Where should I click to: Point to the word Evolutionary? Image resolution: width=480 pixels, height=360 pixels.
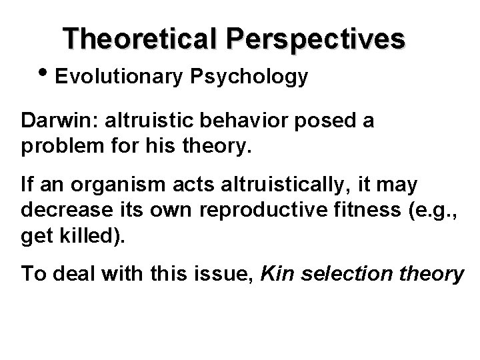(119, 77)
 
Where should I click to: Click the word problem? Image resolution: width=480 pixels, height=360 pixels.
(57, 145)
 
